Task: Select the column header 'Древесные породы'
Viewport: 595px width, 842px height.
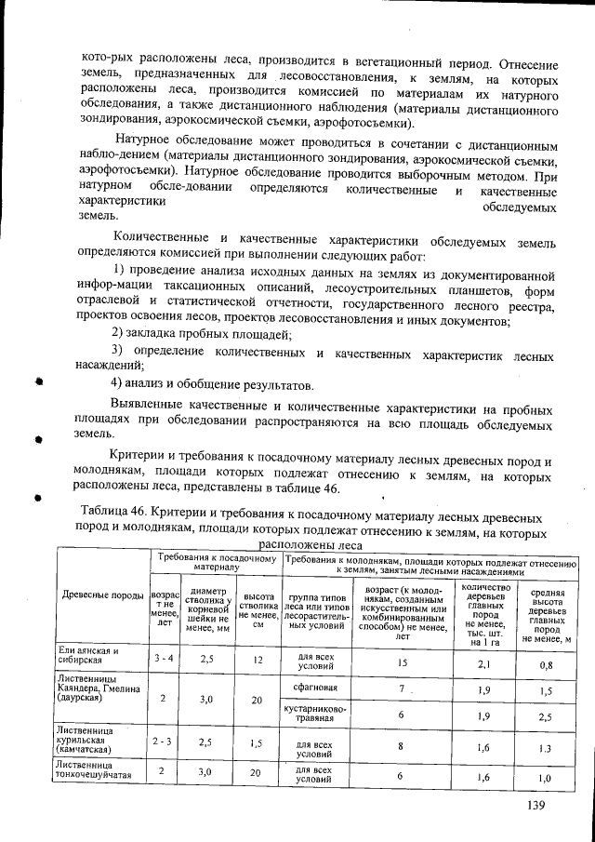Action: pos(101,595)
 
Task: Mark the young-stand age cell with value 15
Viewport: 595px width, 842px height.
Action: pos(403,662)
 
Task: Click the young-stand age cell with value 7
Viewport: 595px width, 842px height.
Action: pos(403,688)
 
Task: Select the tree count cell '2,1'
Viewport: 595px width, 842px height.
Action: pos(483,664)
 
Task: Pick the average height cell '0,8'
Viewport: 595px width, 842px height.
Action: pos(547,665)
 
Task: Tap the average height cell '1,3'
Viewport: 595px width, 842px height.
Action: pos(547,747)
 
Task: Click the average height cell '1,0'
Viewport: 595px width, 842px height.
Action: pos(547,777)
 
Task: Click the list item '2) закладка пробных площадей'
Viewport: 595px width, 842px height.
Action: pos(202,334)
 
